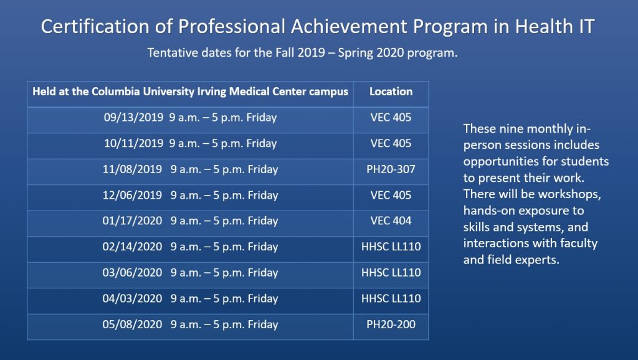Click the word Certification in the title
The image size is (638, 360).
tap(95, 26)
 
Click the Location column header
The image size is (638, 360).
tap(391, 92)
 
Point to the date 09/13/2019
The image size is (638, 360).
tap(133, 118)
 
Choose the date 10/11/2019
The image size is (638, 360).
tap(133, 144)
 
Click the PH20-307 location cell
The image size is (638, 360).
tap(391, 169)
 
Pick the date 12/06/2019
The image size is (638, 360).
tap(132, 195)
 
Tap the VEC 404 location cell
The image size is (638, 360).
tap(391, 221)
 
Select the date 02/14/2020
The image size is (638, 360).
tap(132, 247)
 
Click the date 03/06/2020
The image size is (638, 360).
tap(132, 273)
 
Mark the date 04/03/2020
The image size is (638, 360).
tap(132, 298)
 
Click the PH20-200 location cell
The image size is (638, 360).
tap(391, 324)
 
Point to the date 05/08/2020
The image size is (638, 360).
tap(132, 324)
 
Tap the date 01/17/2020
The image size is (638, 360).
tap(132, 221)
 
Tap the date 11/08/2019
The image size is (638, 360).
tap(132, 169)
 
